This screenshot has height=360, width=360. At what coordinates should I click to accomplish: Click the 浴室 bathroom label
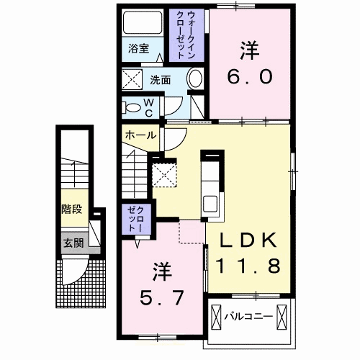[x=139, y=49]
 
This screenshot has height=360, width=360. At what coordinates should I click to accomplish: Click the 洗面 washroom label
[x=161, y=79]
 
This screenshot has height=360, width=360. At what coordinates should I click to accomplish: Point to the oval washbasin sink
[x=194, y=79]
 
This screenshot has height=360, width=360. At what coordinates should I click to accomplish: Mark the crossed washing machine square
[x=132, y=80]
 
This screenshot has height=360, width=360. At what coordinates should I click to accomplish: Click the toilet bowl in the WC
[x=132, y=108]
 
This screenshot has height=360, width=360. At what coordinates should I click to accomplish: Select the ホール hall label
[x=140, y=135]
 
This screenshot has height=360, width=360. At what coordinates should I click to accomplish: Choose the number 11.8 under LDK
[x=250, y=267]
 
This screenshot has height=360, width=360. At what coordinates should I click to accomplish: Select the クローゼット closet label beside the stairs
[x=135, y=218]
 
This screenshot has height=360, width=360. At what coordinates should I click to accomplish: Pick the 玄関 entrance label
[x=72, y=243]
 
